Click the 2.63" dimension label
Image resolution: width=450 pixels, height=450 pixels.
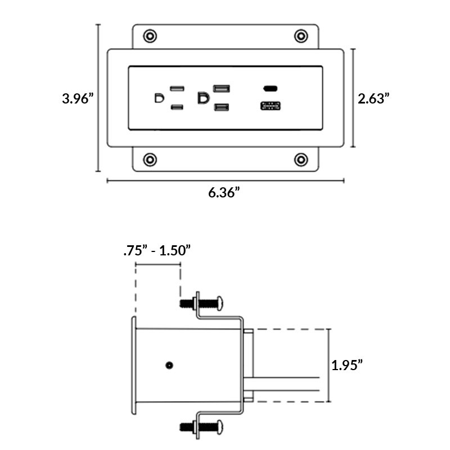(374, 98)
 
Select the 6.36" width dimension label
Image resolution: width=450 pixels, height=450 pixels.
(224, 192)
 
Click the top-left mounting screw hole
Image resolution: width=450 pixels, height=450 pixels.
(150, 36)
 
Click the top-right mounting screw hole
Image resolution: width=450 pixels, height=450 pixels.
(301, 36)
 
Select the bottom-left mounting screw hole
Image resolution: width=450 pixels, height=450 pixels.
(150, 159)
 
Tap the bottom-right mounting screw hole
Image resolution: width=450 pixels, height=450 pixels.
(301, 159)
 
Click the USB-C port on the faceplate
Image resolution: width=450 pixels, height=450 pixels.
(271, 88)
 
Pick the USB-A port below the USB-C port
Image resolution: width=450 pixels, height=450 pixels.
(271, 106)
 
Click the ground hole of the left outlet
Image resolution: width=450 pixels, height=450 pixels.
(159, 98)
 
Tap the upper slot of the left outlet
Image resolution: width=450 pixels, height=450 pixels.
(177, 89)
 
